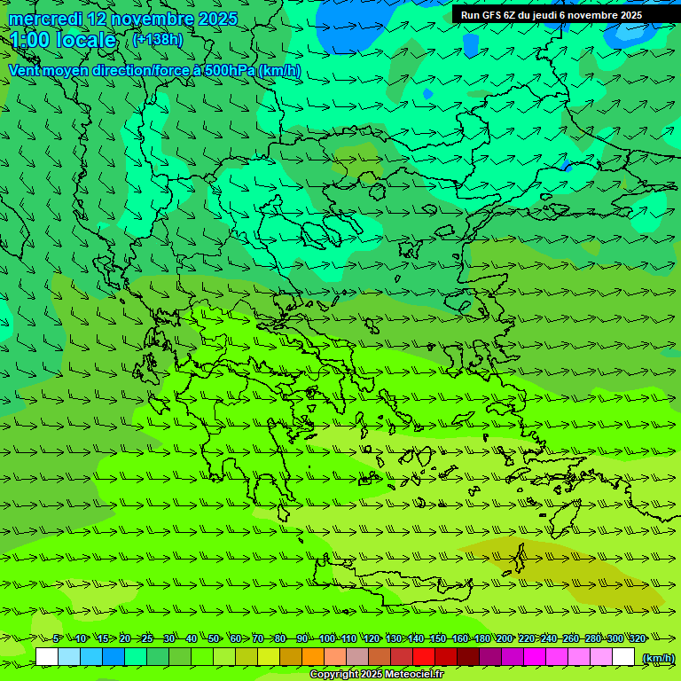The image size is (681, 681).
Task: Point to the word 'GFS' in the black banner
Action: (492, 15)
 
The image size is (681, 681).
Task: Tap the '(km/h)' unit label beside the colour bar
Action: (657, 657)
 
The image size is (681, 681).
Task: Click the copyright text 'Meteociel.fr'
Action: (412, 675)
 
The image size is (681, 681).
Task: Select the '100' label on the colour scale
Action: (327, 638)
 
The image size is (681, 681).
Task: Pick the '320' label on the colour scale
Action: (637, 638)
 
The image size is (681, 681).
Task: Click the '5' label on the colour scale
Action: (57, 638)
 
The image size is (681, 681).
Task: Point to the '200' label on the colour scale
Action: (505, 638)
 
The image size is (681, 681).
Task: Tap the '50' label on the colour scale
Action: (214, 638)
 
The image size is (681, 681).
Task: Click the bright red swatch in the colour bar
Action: (424, 657)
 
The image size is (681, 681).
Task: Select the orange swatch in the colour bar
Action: (313, 657)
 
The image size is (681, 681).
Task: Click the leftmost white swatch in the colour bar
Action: (47, 657)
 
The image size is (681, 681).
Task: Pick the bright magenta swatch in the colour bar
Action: (535, 657)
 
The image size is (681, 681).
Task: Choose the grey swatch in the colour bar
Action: (357, 657)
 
